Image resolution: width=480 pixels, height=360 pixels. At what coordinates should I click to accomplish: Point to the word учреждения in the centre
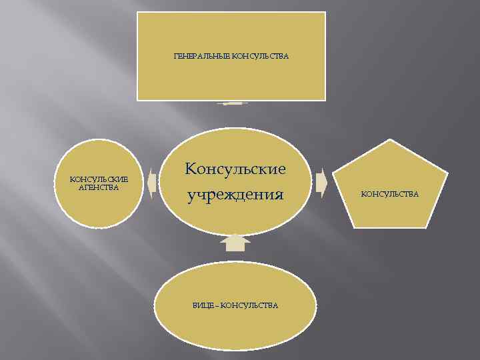click(x=235, y=195)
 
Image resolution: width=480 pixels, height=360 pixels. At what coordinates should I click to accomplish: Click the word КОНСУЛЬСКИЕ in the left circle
click(x=99, y=179)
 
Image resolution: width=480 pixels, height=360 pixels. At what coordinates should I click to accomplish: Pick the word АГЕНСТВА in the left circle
click(x=99, y=187)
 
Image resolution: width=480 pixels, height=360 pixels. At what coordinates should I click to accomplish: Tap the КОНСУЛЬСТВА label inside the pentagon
click(x=390, y=194)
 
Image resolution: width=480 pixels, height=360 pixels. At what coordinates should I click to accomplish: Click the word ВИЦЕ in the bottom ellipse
click(x=203, y=305)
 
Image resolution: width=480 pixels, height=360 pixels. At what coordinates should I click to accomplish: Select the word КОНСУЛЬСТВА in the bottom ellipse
click(x=249, y=305)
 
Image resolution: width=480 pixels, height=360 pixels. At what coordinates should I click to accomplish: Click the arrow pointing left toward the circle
click(x=152, y=183)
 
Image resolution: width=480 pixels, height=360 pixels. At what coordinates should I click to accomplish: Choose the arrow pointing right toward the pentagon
click(x=321, y=183)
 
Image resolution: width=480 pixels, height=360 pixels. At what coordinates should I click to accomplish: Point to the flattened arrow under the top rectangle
click(x=233, y=103)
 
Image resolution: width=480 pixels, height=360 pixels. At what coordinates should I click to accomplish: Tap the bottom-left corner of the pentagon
click(x=355, y=227)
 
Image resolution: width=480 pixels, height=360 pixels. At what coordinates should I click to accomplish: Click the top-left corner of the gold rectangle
click(x=138, y=13)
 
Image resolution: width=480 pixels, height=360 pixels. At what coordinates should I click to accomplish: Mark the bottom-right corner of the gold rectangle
click(x=325, y=99)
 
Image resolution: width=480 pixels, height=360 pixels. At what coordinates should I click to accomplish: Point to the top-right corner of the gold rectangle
click(x=325, y=13)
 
